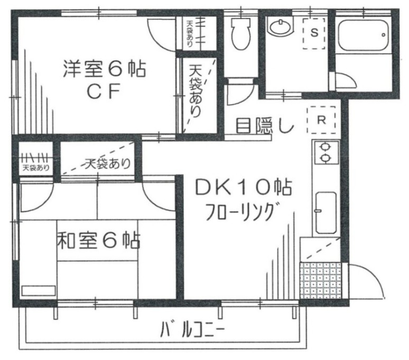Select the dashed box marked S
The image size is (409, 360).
click(x=314, y=33)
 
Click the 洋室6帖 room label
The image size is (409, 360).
click(x=104, y=69)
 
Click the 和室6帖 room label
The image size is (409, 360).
click(x=98, y=242)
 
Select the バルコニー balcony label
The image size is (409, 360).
click(x=193, y=331)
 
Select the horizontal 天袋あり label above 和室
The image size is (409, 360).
click(x=107, y=163)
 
